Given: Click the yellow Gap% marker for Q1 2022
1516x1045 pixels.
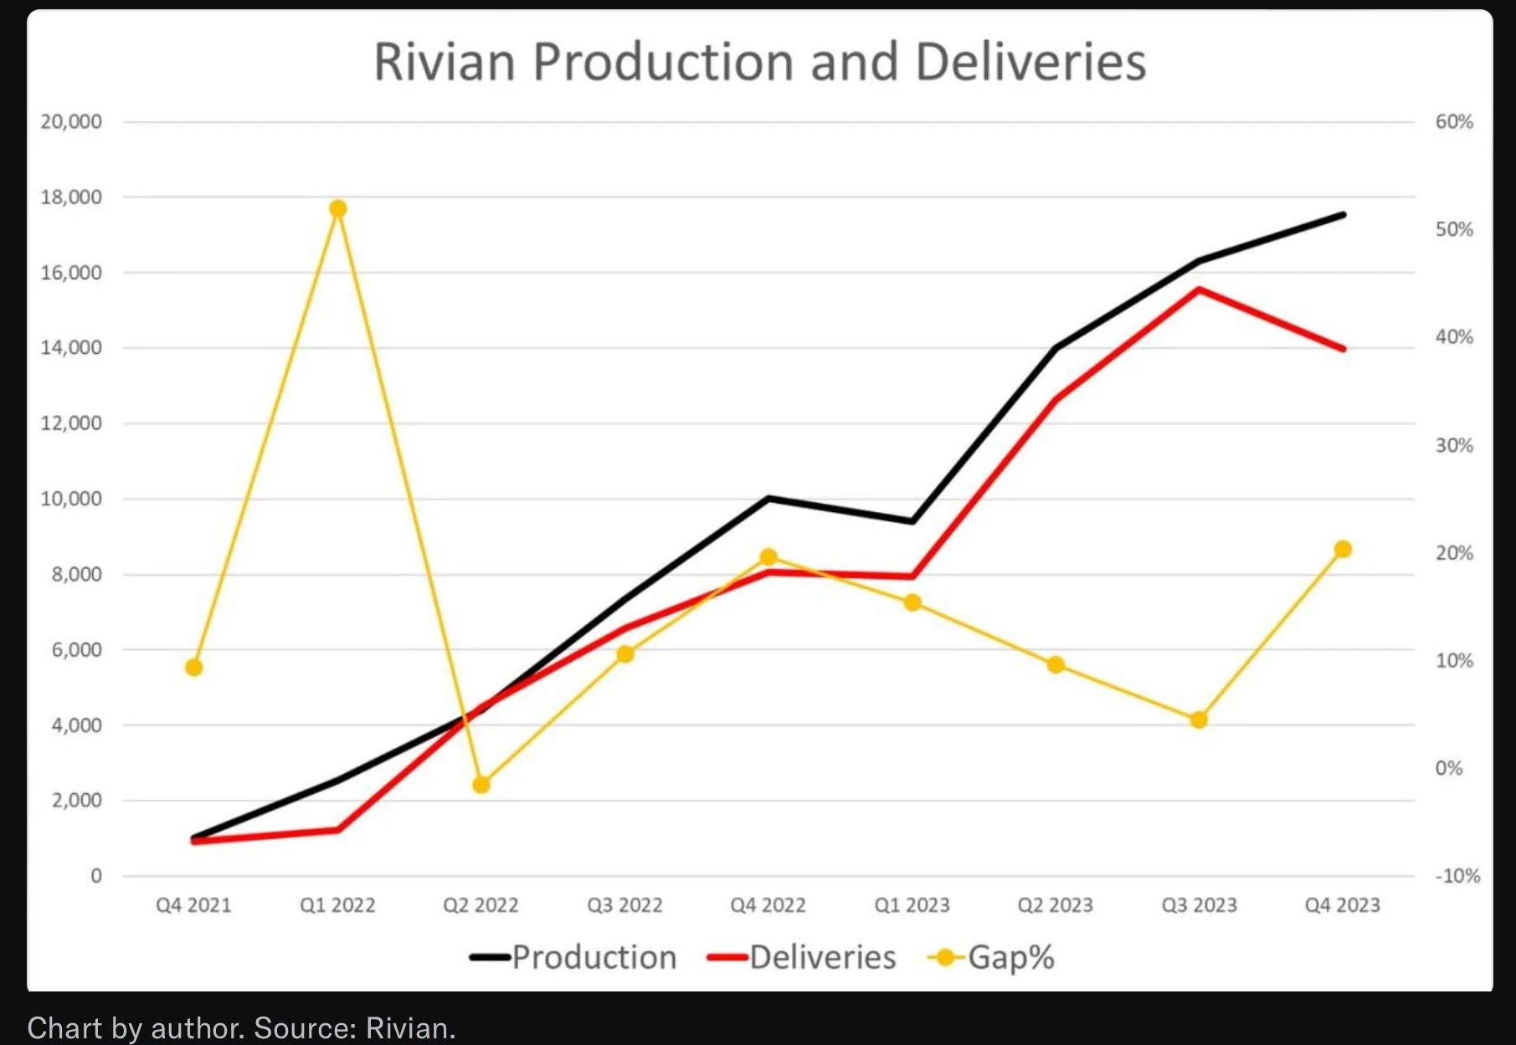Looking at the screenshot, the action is (x=338, y=208).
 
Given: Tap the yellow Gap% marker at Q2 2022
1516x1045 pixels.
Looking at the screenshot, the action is (x=481, y=785).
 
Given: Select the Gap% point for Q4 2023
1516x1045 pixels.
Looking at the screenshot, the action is (x=1343, y=549).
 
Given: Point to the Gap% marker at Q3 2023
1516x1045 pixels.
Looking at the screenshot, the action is (x=1199, y=720).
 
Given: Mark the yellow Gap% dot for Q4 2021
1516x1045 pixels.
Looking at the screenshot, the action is (x=194, y=667).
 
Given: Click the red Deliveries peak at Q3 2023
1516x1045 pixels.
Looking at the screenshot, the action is (x=1199, y=289).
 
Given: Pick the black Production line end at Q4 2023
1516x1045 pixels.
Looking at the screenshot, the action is (x=1343, y=215).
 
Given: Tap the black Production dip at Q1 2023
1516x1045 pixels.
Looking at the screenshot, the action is (x=912, y=521).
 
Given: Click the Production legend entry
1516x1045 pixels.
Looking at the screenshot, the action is (x=573, y=957).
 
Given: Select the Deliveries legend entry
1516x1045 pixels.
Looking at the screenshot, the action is (x=801, y=957).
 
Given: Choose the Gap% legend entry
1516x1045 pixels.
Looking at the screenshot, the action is (x=991, y=958).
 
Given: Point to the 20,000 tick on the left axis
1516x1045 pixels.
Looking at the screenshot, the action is (x=71, y=122).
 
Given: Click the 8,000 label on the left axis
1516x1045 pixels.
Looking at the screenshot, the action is (x=76, y=574).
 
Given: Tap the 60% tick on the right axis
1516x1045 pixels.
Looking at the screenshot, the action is (x=1454, y=122).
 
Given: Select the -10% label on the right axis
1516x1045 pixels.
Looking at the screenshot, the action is (x=1457, y=876).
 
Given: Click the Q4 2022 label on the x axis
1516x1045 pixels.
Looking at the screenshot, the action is (x=768, y=905).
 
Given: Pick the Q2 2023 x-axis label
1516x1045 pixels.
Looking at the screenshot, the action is (x=1055, y=905).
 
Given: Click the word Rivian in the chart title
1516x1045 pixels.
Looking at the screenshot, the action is (x=445, y=62).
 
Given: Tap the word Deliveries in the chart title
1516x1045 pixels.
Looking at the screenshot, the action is (x=1030, y=62).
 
